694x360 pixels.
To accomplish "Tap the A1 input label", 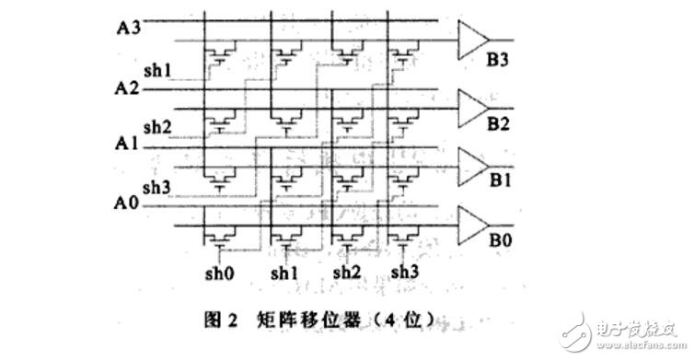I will click(x=128, y=144).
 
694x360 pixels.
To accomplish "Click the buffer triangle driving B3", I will click(x=472, y=40).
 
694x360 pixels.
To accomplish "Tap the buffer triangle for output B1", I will click(x=472, y=163).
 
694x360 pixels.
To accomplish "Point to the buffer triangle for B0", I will click(x=472, y=221).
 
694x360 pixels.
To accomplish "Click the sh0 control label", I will click(x=217, y=273).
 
